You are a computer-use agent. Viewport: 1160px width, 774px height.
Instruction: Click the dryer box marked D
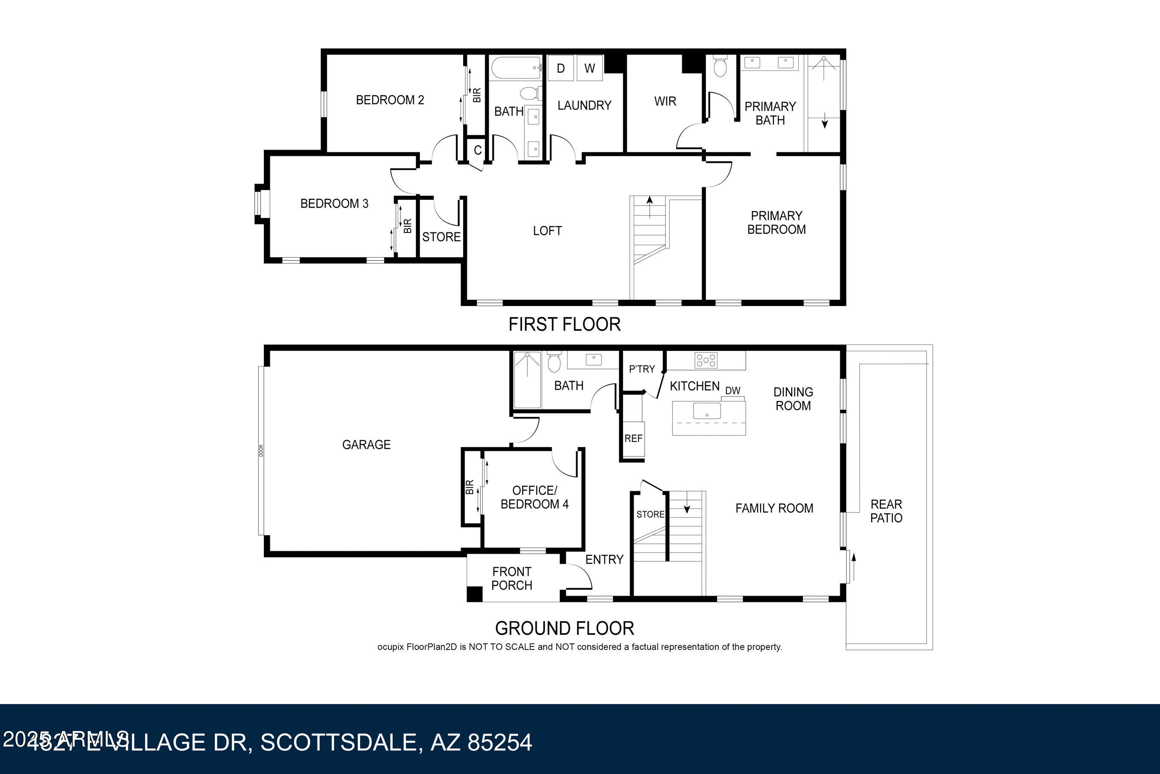[561, 68]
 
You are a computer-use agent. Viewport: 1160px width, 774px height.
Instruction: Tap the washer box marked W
[589, 68]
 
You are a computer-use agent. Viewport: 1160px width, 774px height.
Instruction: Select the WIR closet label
[665, 101]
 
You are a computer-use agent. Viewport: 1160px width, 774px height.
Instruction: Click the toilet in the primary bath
[720, 67]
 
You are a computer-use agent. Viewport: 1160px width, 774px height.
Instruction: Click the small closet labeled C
[477, 150]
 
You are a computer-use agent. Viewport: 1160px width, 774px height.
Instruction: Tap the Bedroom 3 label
[334, 203]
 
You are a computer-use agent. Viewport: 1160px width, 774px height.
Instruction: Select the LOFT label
[547, 231]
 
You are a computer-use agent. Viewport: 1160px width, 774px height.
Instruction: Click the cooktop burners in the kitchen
[706, 360]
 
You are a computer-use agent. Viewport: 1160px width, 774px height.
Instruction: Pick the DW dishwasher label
[733, 390]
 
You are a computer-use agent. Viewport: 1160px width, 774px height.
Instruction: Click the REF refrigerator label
[633, 439]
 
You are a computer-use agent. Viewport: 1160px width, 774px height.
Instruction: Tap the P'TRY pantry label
[642, 369]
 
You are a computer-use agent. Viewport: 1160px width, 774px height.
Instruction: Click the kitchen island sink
[706, 411]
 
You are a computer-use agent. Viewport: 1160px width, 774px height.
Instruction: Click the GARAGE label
[366, 444]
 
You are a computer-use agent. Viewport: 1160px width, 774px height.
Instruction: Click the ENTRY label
[604, 559]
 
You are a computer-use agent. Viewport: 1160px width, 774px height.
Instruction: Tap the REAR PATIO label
[886, 511]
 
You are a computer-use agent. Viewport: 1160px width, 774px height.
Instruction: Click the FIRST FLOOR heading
[564, 324]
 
